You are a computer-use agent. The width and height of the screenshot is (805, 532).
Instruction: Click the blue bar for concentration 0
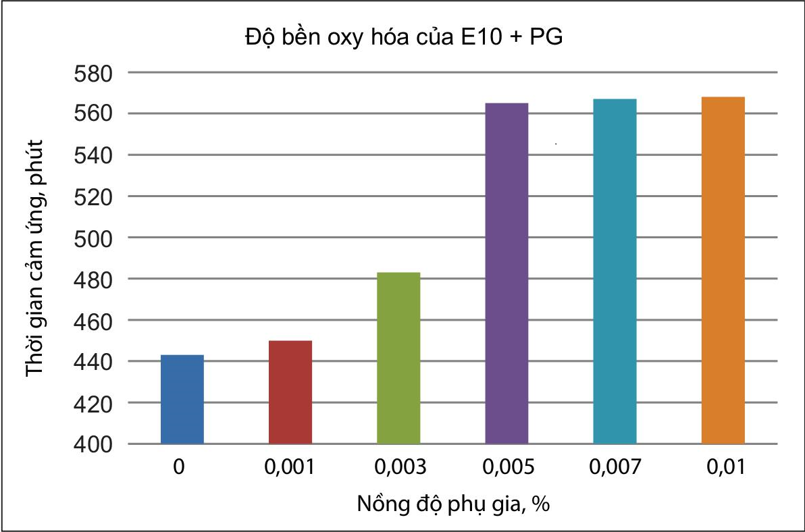tap(182, 399)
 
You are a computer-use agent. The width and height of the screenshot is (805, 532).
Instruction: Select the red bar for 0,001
tap(290, 392)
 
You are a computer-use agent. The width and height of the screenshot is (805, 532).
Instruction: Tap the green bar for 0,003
tap(398, 358)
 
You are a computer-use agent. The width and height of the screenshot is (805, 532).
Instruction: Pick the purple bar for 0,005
tap(507, 273)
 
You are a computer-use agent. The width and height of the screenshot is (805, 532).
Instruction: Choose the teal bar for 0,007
tap(615, 271)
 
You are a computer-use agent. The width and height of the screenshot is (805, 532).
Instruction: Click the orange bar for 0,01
tap(723, 270)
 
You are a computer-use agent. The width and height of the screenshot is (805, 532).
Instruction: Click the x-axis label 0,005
tap(507, 467)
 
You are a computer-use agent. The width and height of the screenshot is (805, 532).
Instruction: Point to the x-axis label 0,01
tap(723, 467)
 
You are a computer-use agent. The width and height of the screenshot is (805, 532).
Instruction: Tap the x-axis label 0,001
tap(290, 467)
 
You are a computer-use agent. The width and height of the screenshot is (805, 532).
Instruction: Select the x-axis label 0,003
tap(398, 467)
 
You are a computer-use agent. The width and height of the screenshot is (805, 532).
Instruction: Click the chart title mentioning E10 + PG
tap(403, 38)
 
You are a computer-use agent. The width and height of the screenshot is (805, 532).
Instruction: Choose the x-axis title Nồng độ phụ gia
tap(451, 504)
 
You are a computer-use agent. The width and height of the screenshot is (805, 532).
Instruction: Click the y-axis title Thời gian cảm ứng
tap(35, 258)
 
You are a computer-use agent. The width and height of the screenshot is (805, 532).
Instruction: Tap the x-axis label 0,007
tap(615, 467)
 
